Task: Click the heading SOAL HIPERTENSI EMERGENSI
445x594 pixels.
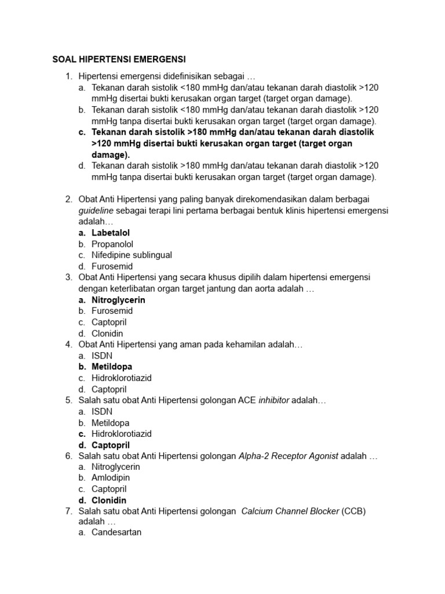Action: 118,59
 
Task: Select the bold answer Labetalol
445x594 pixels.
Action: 111,233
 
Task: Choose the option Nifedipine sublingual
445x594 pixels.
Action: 132,255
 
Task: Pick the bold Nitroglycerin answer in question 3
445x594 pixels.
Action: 118,300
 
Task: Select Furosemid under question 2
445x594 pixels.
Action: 112,266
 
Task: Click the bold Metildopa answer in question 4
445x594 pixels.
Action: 112,367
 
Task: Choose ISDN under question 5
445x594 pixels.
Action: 102,411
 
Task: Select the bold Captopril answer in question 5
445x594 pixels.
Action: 111,445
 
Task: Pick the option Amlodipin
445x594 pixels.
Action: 111,478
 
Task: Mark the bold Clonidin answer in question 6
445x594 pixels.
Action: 109,500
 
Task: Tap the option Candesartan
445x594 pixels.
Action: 116,531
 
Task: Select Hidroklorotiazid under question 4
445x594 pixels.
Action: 122,378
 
